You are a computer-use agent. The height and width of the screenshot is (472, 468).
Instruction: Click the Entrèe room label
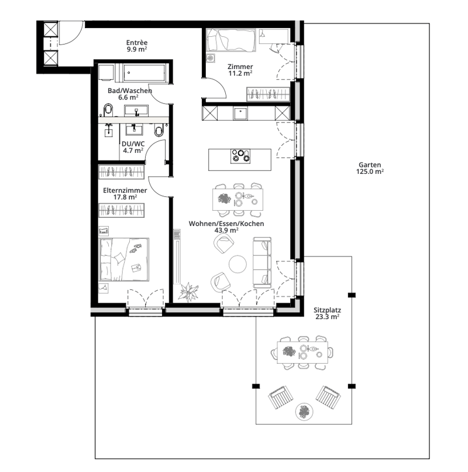[x=137, y=42]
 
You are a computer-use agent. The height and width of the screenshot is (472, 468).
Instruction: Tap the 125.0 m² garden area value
[x=370, y=172]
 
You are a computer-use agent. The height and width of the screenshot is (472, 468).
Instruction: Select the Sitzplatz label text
[x=327, y=310]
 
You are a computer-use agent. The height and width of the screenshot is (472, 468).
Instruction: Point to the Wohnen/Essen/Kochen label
[x=226, y=224]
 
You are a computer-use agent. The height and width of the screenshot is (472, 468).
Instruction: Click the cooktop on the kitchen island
[x=240, y=156]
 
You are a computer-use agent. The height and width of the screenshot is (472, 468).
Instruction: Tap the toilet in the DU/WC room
[x=159, y=130]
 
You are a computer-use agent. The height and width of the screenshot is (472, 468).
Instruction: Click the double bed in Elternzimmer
[x=124, y=259]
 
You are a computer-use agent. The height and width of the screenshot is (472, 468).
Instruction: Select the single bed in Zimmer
[x=231, y=40]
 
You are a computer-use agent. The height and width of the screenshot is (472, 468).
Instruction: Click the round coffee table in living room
[x=238, y=264]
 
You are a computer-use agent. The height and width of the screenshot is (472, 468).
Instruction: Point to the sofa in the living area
[x=262, y=262]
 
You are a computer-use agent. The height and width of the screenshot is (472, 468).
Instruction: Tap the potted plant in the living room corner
[x=188, y=292]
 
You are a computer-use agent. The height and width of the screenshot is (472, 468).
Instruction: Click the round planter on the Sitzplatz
[x=304, y=412]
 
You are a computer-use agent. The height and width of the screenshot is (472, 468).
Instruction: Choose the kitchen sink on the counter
[x=240, y=114]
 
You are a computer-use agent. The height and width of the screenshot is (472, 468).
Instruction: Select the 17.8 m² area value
[x=125, y=197]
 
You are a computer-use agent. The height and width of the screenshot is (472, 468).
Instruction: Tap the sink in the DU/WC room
[x=134, y=129]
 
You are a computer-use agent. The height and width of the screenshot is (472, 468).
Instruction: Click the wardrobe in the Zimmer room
[x=268, y=94]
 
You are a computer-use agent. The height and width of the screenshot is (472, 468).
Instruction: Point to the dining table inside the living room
[x=238, y=199]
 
